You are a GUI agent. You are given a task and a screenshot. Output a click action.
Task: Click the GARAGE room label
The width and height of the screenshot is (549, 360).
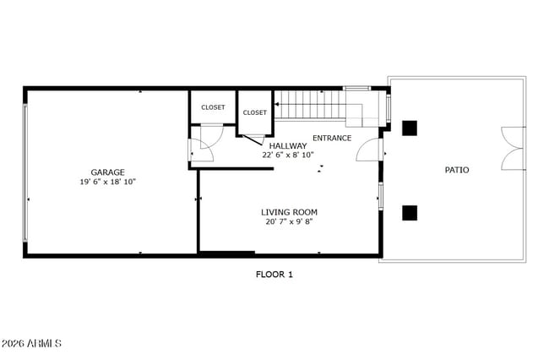107,172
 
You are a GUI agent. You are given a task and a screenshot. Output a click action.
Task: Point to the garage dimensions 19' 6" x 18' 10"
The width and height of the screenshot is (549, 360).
107,182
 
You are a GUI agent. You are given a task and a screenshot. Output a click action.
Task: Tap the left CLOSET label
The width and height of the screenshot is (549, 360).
213,107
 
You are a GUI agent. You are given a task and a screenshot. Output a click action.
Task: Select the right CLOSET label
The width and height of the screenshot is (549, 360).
255,112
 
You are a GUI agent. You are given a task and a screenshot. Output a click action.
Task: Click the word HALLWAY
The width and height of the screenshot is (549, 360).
288,145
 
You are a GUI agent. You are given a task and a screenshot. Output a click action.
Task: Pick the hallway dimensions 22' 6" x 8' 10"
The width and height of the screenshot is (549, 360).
288,155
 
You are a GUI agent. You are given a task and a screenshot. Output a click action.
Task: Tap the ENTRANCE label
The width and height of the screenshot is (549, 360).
332,138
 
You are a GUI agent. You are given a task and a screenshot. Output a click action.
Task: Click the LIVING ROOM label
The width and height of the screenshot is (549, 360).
289,212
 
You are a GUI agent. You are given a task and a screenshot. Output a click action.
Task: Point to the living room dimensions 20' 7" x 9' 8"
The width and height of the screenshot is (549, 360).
289,222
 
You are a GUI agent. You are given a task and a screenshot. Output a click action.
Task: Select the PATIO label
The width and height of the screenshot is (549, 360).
457,170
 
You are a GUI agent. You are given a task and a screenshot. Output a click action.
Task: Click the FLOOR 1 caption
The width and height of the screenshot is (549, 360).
274,274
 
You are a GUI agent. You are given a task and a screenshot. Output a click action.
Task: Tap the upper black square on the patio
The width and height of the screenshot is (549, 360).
410,128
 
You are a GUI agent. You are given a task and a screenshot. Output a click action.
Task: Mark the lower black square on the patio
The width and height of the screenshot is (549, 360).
410,212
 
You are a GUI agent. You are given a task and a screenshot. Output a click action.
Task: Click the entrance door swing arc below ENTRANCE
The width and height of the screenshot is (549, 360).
368,150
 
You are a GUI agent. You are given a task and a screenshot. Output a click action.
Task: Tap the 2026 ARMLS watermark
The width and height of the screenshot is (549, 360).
31,344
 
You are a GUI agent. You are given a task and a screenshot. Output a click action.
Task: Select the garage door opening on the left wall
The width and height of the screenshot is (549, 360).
26,172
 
